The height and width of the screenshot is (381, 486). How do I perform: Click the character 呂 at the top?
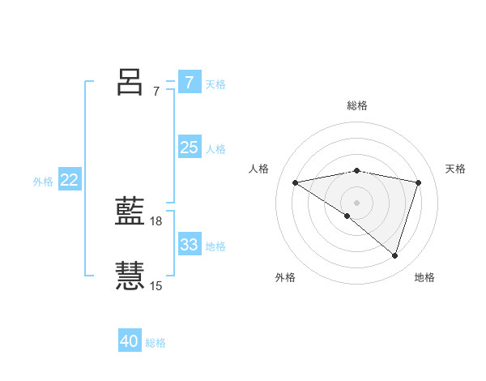(130, 82)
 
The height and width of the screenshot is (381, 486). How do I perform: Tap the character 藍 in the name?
(130, 213)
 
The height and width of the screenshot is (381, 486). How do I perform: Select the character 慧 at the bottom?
(130, 276)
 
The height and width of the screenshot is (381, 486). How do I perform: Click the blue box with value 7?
(189, 82)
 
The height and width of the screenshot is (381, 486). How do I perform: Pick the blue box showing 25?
(189, 148)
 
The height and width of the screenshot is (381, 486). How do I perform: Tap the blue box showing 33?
(189, 245)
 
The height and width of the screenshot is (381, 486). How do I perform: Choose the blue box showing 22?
(69, 180)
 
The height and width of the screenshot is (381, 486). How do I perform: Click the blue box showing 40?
(130, 341)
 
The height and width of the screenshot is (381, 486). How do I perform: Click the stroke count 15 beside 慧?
(156, 285)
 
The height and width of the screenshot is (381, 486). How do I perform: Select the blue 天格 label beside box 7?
(215, 84)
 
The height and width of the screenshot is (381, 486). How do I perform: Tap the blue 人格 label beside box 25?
(215, 149)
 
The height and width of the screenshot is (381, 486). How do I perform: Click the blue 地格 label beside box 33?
(215, 246)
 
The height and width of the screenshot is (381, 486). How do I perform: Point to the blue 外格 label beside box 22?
(43, 182)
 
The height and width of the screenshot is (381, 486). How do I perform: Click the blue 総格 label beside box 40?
(156, 344)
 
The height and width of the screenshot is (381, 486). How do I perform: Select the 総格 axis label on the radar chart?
(356, 105)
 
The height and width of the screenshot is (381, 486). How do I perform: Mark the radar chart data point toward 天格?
(418, 182)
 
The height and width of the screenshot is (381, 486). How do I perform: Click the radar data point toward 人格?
(296, 182)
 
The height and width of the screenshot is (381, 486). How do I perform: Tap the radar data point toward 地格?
(394, 255)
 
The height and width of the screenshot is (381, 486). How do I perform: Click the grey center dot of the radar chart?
(356, 202)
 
